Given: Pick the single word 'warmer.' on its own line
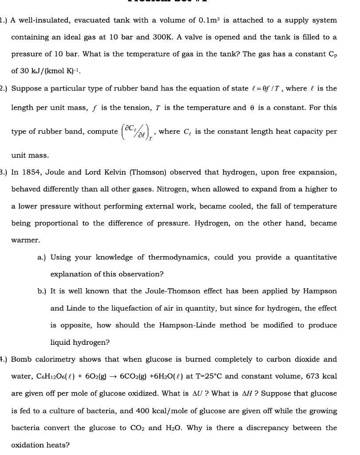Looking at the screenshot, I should coord(25,240).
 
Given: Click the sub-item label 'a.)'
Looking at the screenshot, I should coord(43,257).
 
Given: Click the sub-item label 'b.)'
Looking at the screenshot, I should coord(43,291).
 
